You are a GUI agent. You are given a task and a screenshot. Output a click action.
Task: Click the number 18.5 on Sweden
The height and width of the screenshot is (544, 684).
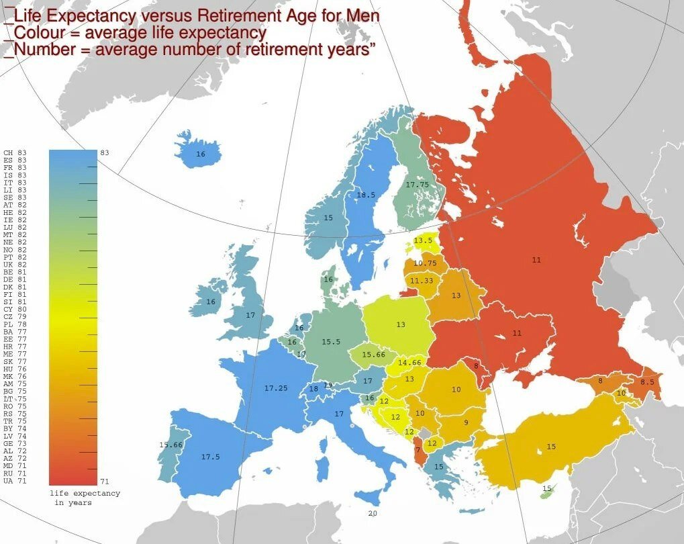click(365, 195)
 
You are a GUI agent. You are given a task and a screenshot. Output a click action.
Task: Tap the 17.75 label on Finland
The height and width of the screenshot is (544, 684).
click(417, 185)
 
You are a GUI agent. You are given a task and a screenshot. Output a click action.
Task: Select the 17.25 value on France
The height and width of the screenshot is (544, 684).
click(276, 389)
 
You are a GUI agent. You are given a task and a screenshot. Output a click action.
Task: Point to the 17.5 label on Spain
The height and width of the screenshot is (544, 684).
click(210, 457)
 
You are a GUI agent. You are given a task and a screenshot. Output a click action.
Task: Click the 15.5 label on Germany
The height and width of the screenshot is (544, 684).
click(330, 342)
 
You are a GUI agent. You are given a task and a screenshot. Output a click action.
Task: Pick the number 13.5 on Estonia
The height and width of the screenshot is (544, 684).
click(423, 240)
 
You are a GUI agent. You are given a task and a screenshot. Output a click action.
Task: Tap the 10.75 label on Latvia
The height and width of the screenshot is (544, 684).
click(425, 263)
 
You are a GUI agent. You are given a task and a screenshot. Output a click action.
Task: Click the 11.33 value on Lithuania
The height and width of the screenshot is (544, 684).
click(422, 281)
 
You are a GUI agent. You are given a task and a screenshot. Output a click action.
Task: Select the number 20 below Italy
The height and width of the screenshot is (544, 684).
click(373, 513)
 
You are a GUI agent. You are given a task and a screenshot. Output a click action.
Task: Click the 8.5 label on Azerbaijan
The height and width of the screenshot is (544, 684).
click(646, 382)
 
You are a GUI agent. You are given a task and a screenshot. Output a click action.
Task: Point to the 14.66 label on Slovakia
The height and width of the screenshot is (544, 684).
click(409, 363)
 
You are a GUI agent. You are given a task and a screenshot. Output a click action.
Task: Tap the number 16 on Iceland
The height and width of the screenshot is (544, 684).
click(200, 154)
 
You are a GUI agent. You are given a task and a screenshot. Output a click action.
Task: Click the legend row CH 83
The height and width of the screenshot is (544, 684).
click(15, 153)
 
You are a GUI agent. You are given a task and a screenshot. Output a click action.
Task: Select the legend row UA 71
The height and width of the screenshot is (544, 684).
click(15, 482)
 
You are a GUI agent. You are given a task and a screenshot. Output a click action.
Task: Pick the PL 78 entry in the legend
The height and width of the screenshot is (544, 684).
click(15, 324)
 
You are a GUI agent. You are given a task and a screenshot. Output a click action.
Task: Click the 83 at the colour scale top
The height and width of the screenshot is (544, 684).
click(105, 153)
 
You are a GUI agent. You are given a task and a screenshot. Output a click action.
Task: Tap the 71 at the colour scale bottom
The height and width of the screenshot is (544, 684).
click(105, 482)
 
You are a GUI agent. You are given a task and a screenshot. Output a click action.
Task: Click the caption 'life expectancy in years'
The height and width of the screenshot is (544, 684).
click(85, 498)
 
